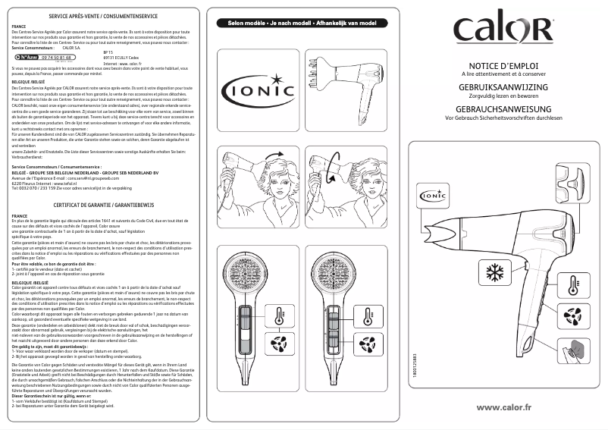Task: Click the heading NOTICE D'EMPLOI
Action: (x=503, y=67)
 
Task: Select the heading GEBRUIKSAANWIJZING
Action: (x=503, y=89)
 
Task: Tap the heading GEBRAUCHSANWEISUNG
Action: (x=503, y=109)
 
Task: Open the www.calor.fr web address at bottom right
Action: (x=503, y=407)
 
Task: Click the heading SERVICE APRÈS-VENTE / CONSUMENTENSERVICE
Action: (x=102, y=15)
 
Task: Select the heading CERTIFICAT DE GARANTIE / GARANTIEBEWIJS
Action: (x=102, y=205)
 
